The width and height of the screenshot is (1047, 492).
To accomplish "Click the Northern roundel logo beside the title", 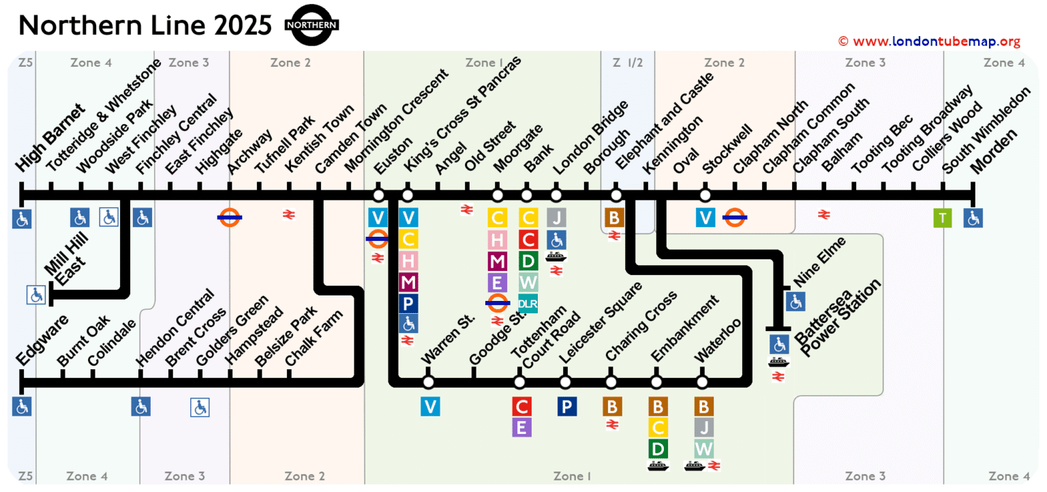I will tap(312, 25).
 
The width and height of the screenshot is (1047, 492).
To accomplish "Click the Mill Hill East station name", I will tap(65, 263).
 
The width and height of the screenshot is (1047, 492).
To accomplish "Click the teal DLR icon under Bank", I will tap(528, 303).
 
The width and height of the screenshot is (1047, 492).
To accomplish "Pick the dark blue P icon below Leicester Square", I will tap(566, 407).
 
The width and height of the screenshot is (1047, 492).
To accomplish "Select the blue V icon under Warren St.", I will tap(430, 407).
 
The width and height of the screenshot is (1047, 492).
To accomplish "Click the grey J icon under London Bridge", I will tap(556, 218).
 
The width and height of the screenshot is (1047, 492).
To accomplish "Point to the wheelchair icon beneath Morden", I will tap(973, 218).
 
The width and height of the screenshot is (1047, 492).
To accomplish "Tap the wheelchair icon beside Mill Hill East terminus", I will tap(36, 295).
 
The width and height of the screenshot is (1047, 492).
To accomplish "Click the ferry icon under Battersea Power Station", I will tap(778, 362).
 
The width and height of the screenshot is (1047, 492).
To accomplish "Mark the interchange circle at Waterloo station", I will tap(702, 381).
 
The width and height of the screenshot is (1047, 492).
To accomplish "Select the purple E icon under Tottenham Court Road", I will tap(521, 428).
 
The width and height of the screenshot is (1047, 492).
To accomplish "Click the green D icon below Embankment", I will tap(658, 448).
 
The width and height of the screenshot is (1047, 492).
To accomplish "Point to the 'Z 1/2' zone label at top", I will tap(627, 63).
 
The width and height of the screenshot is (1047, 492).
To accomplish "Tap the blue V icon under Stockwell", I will tap(705, 218).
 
